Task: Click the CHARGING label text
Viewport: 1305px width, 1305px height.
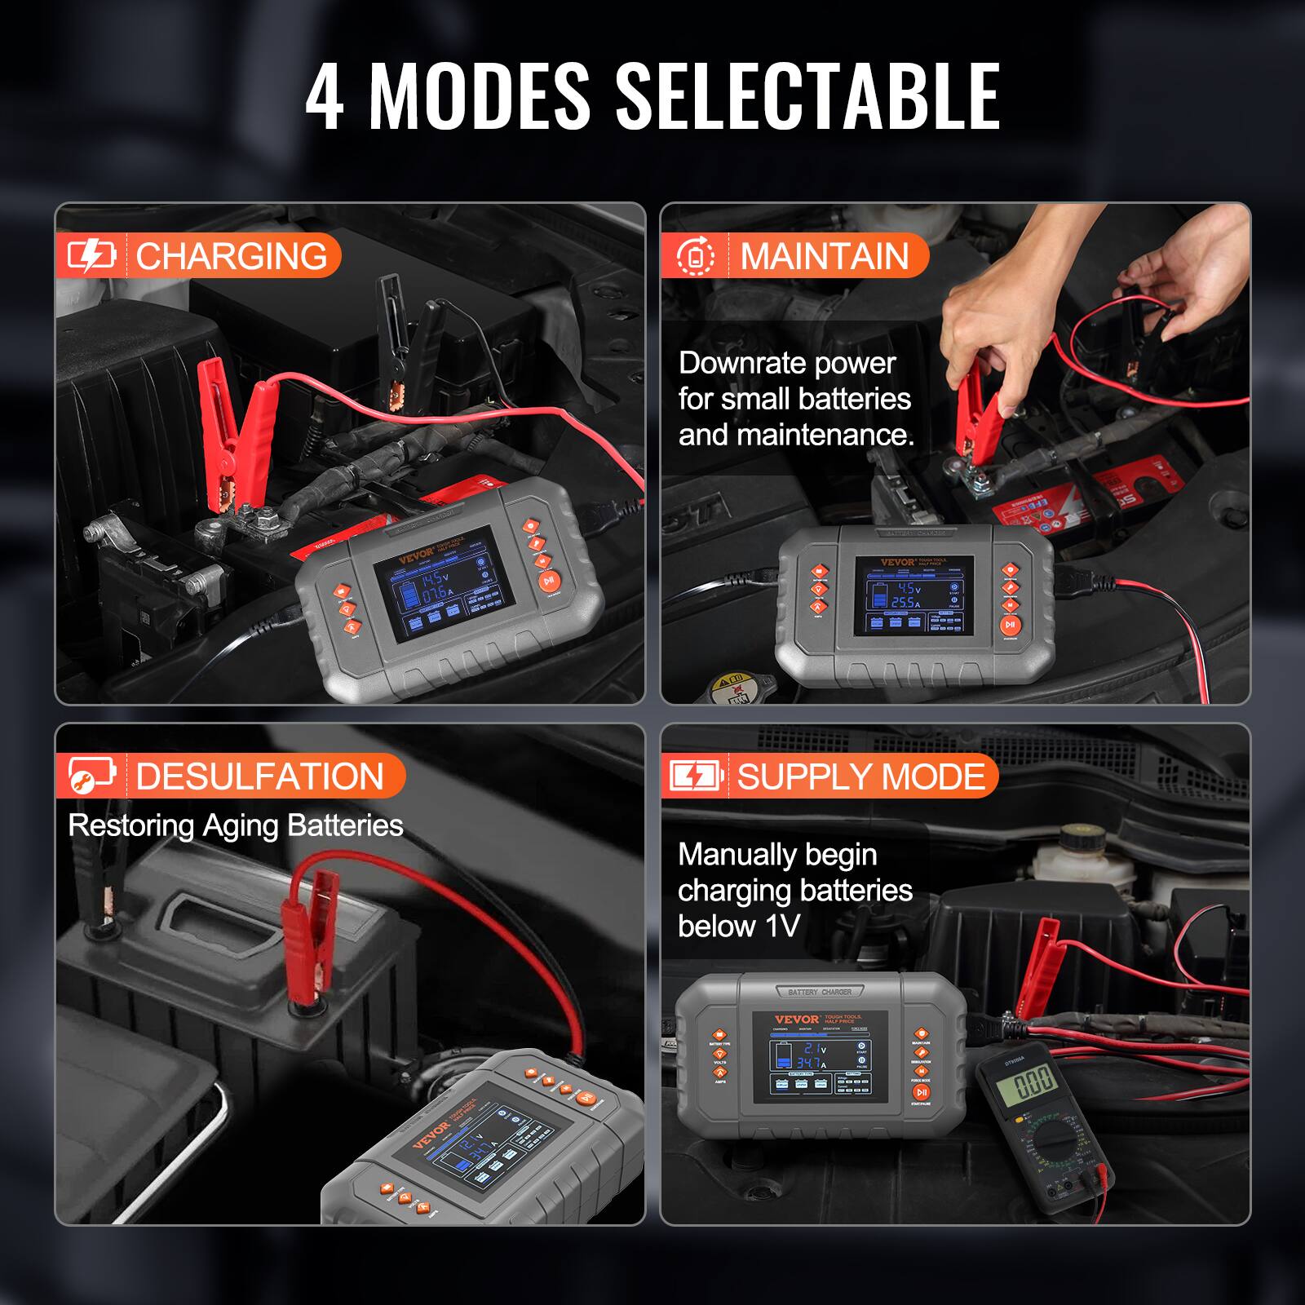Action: click(x=232, y=256)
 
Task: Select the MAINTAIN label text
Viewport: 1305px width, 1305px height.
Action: click(x=825, y=256)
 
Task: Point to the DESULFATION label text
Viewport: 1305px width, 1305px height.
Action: click(x=259, y=776)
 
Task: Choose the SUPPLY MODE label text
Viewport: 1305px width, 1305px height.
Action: click(x=861, y=776)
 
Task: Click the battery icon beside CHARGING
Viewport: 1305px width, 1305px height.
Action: click(x=91, y=256)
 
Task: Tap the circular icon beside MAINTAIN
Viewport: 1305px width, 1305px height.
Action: click(x=696, y=256)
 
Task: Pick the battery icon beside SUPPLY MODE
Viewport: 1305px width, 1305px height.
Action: click(x=696, y=776)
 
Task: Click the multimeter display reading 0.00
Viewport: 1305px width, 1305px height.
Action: click(x=1033, y=1084)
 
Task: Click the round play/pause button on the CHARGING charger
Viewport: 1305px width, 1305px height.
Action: click(x=549, y=581)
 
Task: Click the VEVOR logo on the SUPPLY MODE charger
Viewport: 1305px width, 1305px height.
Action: click(x=796, y=1019)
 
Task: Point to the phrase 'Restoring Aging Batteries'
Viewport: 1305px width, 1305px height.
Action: click(x=236, y=825)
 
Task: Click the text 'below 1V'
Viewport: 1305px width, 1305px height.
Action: click(x=739, y=927)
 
